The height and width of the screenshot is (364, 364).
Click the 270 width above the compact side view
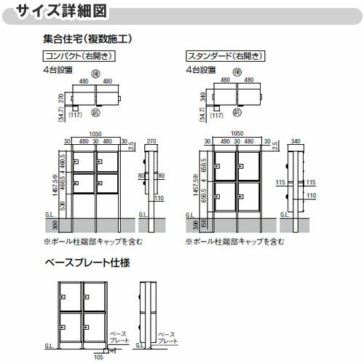pos(151,142)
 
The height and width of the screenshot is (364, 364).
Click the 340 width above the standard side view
pos(296,142)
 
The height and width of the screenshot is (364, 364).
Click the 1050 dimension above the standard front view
pos(235,134)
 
